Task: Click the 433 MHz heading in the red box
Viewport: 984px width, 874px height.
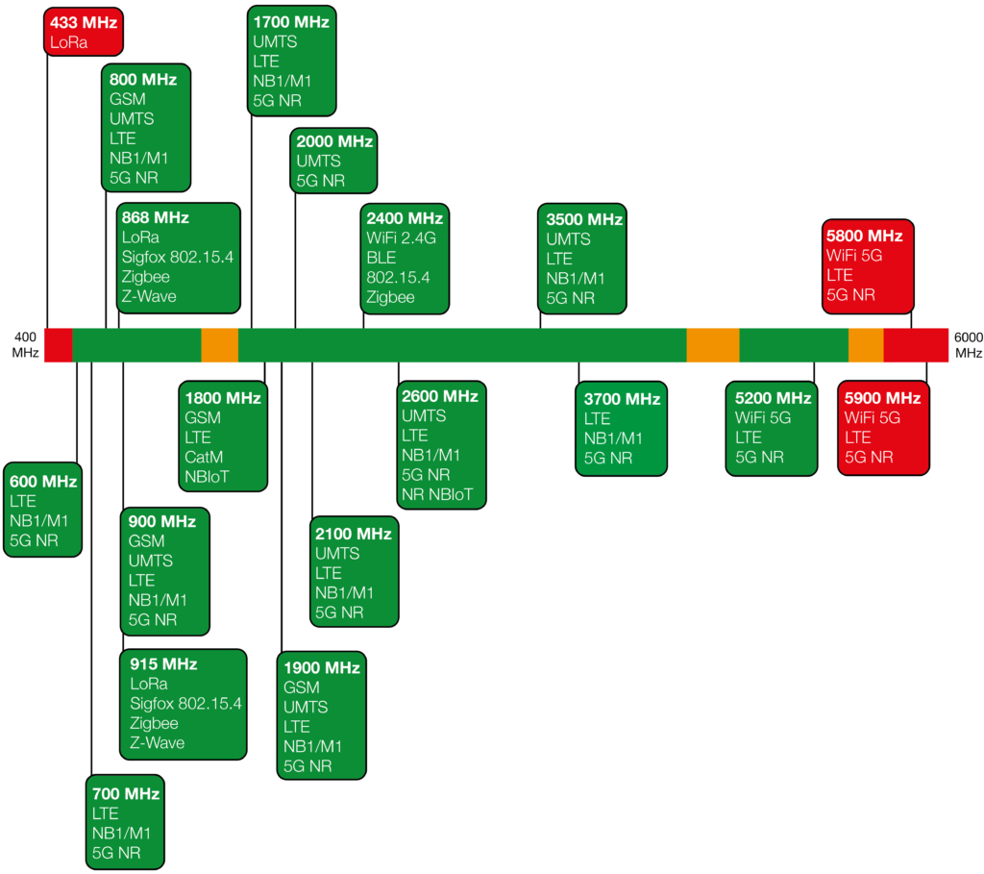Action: point(84,23)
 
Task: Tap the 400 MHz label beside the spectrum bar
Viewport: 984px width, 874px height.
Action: point(25,345)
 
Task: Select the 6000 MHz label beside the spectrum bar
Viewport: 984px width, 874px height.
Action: point(969,345)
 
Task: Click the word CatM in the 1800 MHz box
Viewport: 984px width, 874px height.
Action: point(204,457)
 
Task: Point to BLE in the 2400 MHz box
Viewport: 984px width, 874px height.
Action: point(381,258)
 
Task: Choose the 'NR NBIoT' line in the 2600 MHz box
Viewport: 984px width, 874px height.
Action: point(437,495)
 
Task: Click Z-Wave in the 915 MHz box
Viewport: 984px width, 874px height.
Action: point(158,743)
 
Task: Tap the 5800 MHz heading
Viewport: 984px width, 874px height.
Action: point(864,237)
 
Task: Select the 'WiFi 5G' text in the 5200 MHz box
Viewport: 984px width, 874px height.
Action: point(763,418)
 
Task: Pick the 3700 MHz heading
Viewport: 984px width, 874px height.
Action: point(622,399)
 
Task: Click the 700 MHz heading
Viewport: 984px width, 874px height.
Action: point(126,794)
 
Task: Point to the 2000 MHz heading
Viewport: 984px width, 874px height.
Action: point(334,142)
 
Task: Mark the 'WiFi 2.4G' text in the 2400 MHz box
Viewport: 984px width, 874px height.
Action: point(402,238)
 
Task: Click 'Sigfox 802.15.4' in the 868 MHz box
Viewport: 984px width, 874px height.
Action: point(178,258)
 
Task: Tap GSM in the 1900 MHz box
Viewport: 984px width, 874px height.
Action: point(302,687)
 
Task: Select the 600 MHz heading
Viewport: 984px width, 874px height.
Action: point(43,482)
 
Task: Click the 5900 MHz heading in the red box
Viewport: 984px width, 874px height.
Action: point(882,398)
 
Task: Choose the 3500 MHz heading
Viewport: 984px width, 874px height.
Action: point(584,220)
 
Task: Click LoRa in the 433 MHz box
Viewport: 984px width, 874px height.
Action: point(69,42)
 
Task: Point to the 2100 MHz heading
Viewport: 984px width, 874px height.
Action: point(354,535)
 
